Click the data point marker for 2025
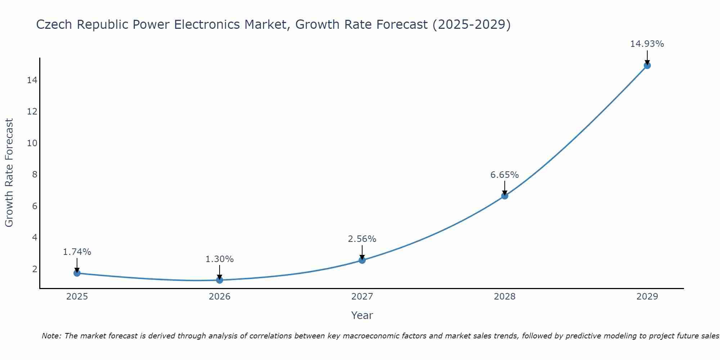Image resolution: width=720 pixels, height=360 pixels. coord(77,273)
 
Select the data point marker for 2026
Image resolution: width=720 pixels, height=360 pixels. coord(220,280)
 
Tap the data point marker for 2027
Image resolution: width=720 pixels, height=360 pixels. coord(362,260)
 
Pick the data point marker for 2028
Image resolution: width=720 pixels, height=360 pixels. coord(505,196)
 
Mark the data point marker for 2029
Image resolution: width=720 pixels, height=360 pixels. coord(647,66)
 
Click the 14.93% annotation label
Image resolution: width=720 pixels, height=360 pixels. coord(647,44)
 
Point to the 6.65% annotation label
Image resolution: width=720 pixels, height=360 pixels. coord(504,175)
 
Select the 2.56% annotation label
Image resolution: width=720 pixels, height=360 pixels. coord(362,239)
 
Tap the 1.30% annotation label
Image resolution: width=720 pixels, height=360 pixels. coord(220,259)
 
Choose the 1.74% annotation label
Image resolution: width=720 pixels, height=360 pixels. coord(77,252)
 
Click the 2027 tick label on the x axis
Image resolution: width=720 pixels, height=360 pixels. coord(362,297)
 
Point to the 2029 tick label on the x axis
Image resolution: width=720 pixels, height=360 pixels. coord(647,297)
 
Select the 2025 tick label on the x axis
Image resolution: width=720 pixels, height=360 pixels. coord(77,297)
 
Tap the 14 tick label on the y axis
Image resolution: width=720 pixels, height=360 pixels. coord(32,80)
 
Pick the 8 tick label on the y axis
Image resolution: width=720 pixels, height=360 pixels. coord(35,175)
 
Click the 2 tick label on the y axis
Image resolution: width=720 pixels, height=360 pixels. coord(35,269)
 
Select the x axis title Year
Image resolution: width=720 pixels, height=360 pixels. coord(362,315)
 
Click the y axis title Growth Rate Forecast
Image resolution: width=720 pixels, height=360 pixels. coord(9,173)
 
